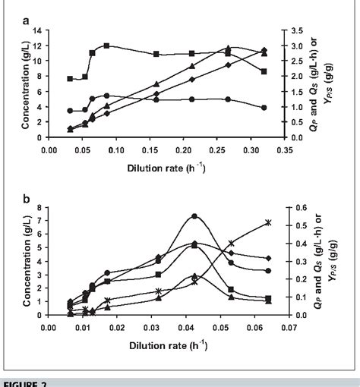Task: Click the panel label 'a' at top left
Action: point(26,21)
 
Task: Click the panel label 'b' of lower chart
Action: point(26,200)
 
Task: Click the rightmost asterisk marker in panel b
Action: point(267,222)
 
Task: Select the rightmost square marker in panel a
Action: point(264,71)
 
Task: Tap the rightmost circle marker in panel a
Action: point(264,108)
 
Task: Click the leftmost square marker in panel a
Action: point(70,78)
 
